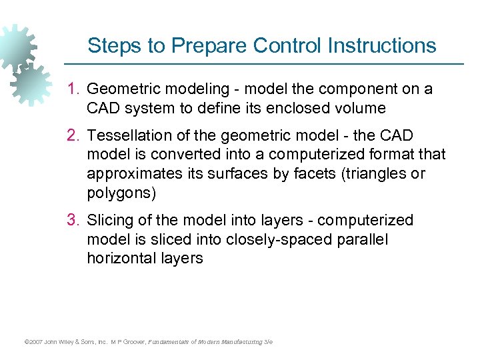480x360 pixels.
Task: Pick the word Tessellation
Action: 127,136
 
